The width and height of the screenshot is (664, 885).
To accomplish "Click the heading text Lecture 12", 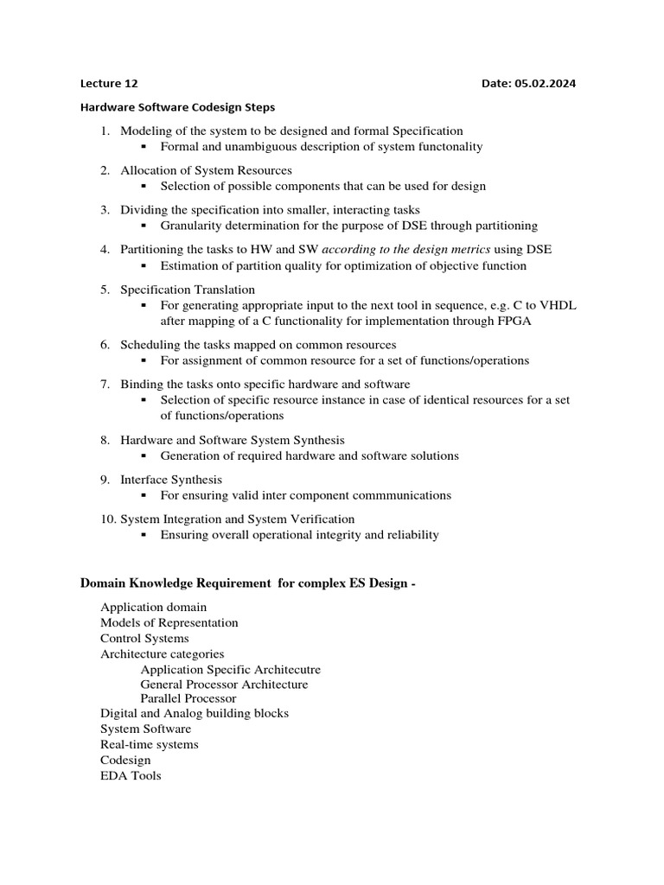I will [109, 84].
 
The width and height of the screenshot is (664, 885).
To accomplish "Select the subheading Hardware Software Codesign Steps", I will [177, 108].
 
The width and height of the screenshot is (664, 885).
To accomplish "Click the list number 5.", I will [105, 290].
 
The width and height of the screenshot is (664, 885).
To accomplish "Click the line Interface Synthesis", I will [171, 480].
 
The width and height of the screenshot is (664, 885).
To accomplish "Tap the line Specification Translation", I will [188, 290].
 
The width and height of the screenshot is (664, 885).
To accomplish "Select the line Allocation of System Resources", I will [206, 170].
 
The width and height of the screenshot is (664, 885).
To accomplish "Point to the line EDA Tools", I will [131, 775].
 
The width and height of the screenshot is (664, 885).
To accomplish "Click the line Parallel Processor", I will [188, 697].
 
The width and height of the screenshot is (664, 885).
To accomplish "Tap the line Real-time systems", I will [150, 744].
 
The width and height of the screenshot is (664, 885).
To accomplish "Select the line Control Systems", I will [144, 638].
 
